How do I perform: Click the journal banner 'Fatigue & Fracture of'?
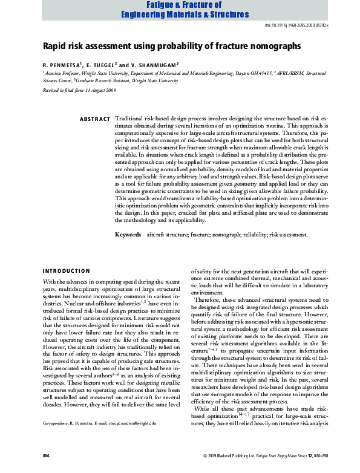pos(175,5)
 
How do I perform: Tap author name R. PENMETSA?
pos(62,64)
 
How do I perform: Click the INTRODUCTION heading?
pos(66,270)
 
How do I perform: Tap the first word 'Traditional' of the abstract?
pos(129,119)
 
